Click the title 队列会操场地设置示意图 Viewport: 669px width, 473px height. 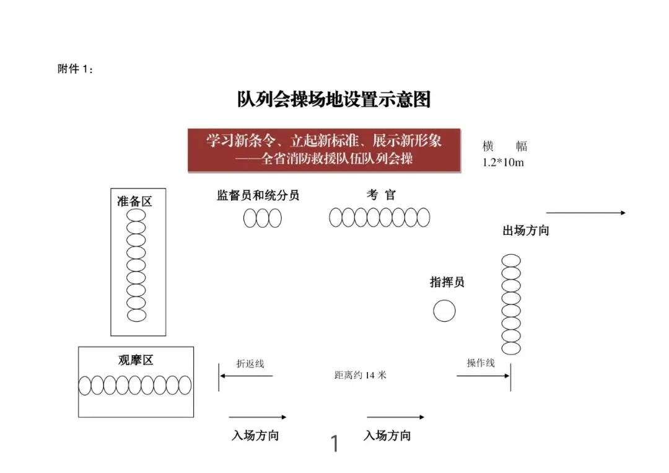[334, 99]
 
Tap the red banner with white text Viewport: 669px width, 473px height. [325, 150]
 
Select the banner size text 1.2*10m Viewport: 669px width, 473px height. [504, 162]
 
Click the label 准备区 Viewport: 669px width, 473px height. [134, 201]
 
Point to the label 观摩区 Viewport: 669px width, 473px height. [136, 360]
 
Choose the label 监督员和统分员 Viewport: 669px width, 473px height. [258, 195]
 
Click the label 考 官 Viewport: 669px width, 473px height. [381, 195]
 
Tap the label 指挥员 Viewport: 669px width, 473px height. [447, 282]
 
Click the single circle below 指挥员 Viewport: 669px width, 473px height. [444, 311]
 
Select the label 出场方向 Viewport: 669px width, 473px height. [525, 231]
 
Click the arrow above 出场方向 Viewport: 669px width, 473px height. [585, 213]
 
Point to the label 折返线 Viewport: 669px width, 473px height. [250, 364]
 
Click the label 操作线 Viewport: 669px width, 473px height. [481, 363]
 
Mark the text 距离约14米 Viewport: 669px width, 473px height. [360, 375]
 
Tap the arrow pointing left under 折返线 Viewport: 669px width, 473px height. [245, 376]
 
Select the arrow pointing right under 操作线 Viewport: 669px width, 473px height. [481, 374]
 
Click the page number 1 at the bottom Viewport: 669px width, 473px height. [335, 444]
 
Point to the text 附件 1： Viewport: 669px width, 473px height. [76, 69]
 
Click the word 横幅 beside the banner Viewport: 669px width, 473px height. [505, 147]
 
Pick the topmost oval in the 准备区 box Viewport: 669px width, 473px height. [136, 215]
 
